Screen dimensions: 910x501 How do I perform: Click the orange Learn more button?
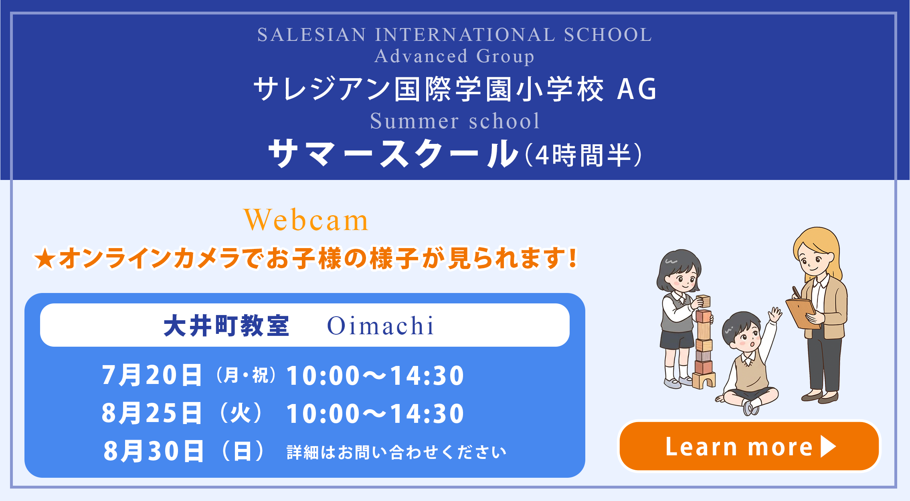click(x=749, y=446)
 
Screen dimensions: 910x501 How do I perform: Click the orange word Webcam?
click(x=306, y=220)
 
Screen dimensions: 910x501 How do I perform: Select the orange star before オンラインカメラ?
click(x=44, y=259)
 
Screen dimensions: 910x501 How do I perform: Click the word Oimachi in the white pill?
click(x=380, y=325)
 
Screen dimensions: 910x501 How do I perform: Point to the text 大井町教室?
click(x=226, y=325)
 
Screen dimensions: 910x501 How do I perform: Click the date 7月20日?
click(x=152, y=375)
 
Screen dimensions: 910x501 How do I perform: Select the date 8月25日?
click(x=152, y=413)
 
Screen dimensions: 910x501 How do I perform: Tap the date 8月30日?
click(x=153, y=451)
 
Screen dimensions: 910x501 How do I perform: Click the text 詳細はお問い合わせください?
click(x=397, y=453)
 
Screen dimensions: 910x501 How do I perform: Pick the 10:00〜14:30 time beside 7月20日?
click(x=375, y=376)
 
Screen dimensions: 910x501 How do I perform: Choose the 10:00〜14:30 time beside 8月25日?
click(x=375, y=414)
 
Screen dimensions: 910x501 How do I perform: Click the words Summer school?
click(x=455, y=121)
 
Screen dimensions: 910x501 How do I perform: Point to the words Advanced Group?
click(x=455, y=56)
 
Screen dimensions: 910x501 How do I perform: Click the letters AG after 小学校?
click(x=637, y=89)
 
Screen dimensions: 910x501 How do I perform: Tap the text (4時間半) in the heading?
click(x=583, y=155)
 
